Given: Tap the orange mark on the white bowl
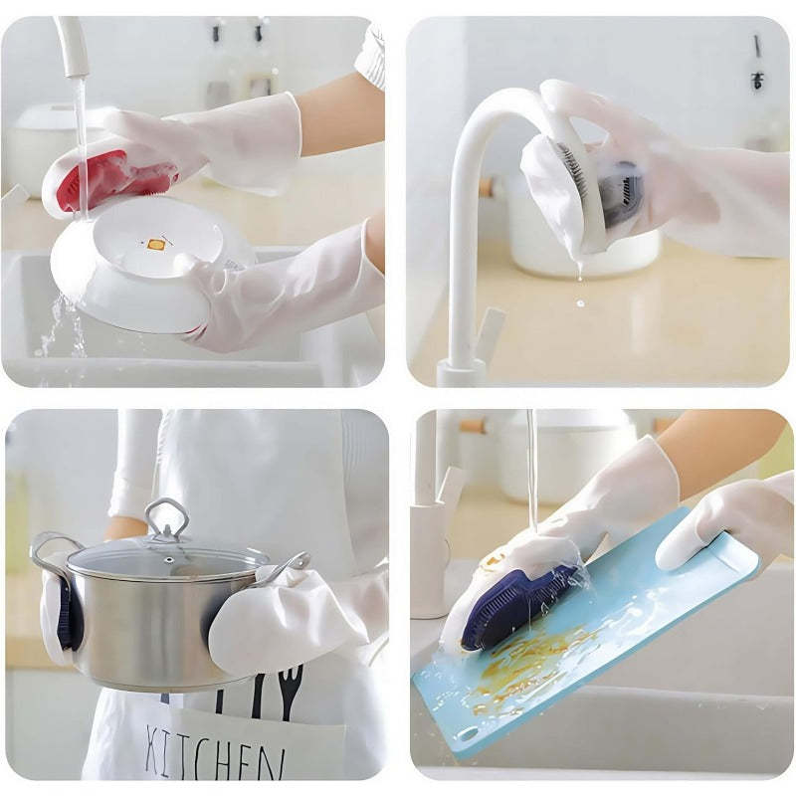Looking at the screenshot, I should coord(154,243).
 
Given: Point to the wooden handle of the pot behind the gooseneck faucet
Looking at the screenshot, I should coord(486,186).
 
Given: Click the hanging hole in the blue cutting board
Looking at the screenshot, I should coord(466,735).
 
